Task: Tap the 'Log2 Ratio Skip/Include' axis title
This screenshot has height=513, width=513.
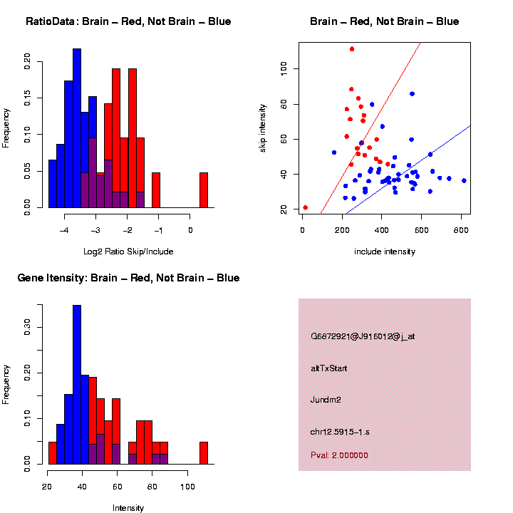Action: point(128,252)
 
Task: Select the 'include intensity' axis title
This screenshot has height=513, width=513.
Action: point(385,252)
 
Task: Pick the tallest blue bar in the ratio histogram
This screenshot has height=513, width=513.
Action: point(77,128)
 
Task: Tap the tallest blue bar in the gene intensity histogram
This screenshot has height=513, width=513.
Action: point(77,385)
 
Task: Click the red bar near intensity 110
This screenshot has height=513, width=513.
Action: point(203,453)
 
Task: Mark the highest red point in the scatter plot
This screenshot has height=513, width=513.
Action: point(352,49)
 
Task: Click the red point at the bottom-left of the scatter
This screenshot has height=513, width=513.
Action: point(306,207)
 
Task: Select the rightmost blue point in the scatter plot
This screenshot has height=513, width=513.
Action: point(464,181)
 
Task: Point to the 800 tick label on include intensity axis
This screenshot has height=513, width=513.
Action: point(460,229)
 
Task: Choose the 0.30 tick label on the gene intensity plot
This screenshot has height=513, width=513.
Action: point(27,327)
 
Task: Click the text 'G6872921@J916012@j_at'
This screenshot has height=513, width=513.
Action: point(363,336)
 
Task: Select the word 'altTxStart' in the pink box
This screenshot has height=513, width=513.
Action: point(329,368)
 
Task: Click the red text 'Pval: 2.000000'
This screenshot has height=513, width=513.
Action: point(339,455)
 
